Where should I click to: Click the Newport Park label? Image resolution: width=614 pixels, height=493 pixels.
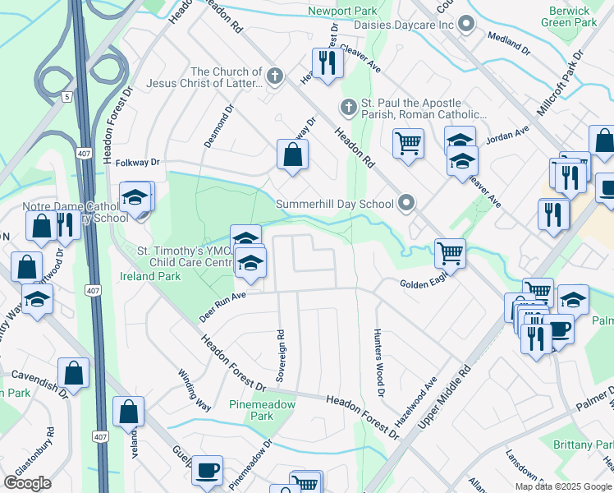tap(344, 11)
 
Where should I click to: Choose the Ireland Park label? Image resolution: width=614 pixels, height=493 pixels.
tap(150, 276)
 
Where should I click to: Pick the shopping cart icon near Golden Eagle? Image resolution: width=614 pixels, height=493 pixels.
tap(450, 252)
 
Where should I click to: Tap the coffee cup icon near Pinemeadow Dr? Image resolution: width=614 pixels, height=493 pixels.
tap(207, 470)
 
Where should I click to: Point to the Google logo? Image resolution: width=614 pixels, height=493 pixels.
tap(27, 483)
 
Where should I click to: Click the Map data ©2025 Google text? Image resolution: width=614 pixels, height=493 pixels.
tap(562, 486)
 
